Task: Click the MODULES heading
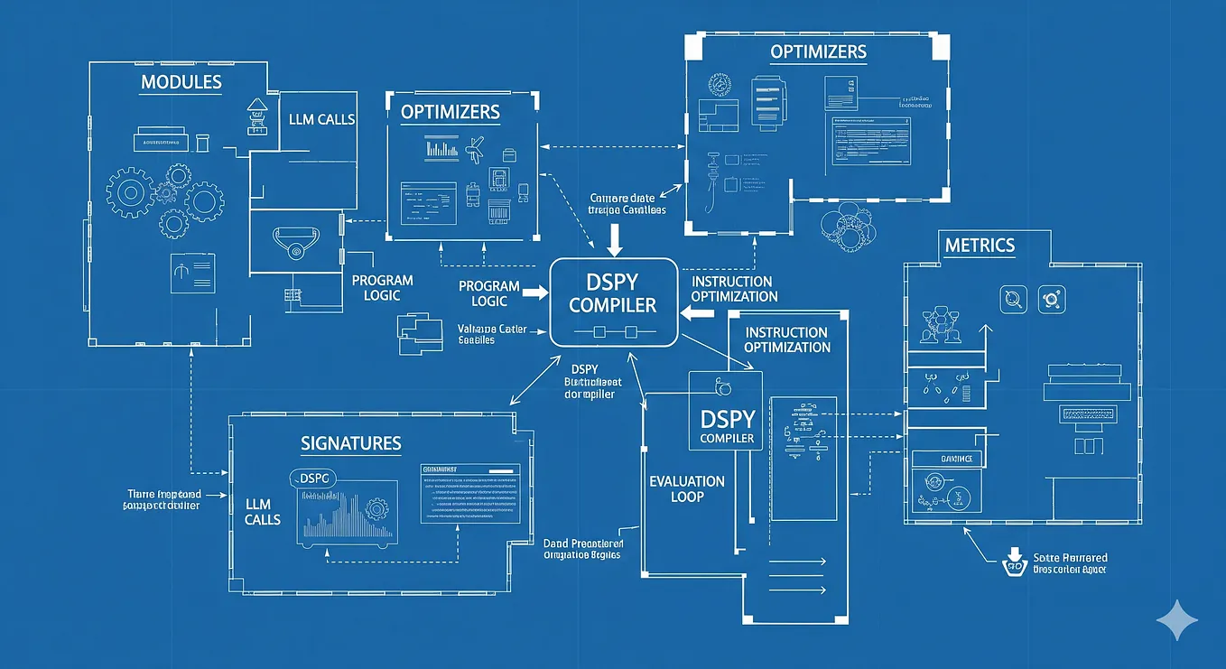[181, 82]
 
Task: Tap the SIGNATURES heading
[351, 443]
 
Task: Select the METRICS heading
[980, 245]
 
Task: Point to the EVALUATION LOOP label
[687, 488]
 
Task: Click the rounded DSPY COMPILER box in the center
[613, 302]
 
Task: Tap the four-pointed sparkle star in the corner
[1177, 621]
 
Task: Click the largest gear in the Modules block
[130, 191]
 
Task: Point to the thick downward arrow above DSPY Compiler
[615, 238]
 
